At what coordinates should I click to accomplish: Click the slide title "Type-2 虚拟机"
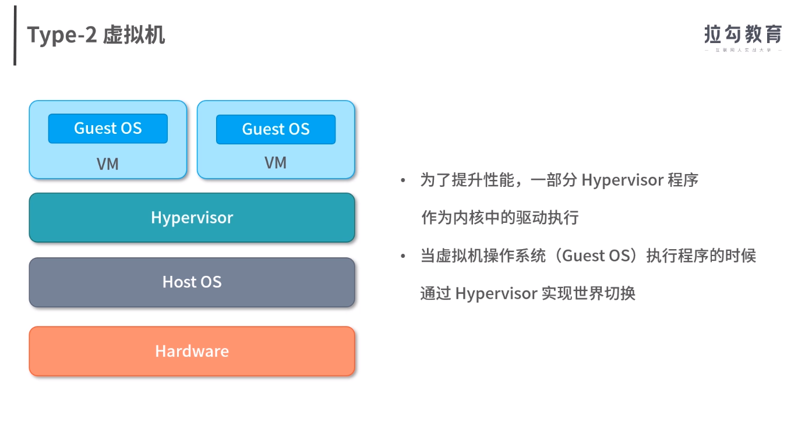tap(96, 35)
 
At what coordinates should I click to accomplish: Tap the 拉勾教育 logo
tap(743, 34)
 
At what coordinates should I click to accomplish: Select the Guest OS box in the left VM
tap(108, 129)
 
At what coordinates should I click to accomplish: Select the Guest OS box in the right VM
tap(276, 129)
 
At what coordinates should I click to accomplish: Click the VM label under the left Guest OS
tap(108, 164)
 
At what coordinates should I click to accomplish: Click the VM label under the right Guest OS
tap(276, 163)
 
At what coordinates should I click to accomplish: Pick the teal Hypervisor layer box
tap(192, 218)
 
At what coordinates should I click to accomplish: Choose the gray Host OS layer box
tap(192, 282)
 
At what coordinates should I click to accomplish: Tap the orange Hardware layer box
tap(192, 352)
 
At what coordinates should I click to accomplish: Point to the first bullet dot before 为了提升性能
tap(402, 180)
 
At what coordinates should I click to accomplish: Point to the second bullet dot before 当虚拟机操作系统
tap(402, 256)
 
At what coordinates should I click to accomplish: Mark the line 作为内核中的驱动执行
tap(499, 218)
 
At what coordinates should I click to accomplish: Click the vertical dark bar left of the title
tap(15, 36)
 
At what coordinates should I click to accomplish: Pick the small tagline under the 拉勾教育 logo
tap(743, 51)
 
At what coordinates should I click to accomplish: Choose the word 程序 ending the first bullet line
tap(683, 180)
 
